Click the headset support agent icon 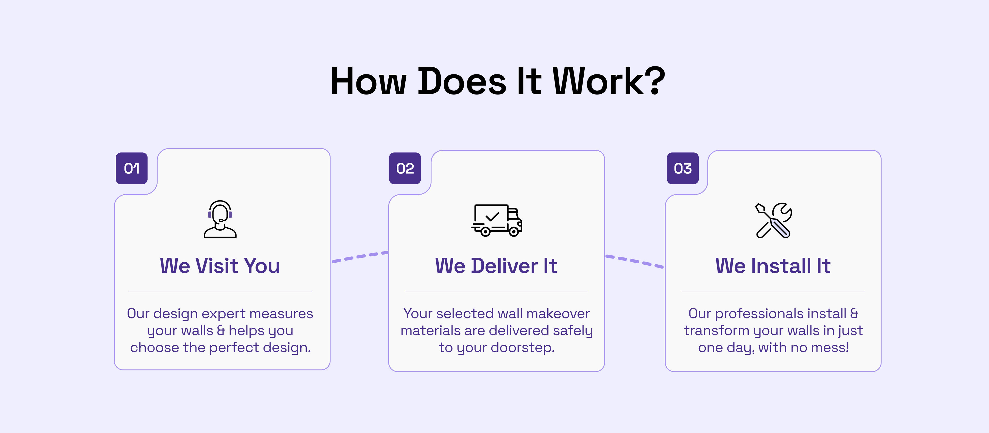pos(220,219)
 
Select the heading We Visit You pos(220,266)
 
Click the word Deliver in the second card pos(505,266)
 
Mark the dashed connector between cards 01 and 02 pos(360,257)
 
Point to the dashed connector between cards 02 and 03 pos(635,261)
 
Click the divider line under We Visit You pos(220,292)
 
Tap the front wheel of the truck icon pos(514,231)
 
